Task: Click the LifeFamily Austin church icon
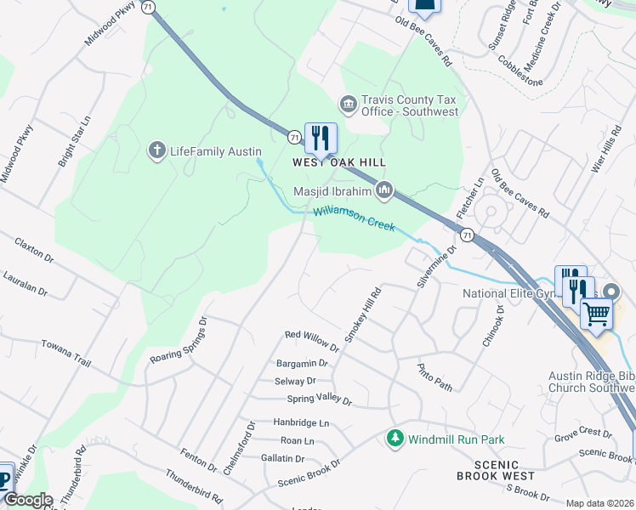coord(156,151)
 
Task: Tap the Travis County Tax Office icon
coord(348,105)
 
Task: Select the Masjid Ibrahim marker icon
coord(384,190)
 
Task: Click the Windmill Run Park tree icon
coord(395,439)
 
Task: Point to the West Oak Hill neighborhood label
coord(339,162)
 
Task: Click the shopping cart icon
coord(596,314)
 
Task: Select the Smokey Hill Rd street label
coord(362,314)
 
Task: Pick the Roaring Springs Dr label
coord(179,342)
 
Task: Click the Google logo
coord(28,500)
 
